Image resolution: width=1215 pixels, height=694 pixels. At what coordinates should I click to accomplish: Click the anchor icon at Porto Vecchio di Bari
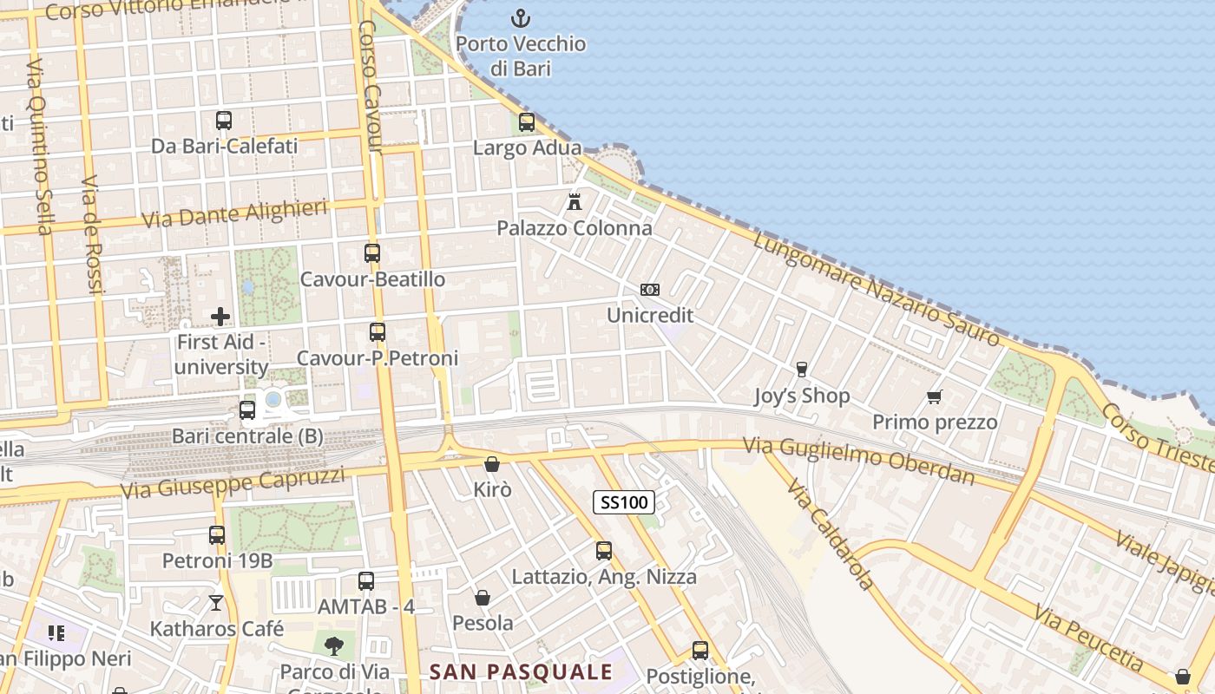pyautogui.click(x=520, y=17)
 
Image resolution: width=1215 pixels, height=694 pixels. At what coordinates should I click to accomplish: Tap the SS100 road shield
pyautogui.click(x=624, y=501)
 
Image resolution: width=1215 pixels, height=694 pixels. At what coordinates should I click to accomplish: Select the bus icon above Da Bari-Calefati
pyautogui.click(x=224, y=121)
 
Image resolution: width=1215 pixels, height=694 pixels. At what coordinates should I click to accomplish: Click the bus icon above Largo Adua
pyautogui.click(x=527, y=122)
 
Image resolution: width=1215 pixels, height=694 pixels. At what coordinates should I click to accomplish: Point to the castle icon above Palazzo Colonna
pyautogui.click(x=574, y=202)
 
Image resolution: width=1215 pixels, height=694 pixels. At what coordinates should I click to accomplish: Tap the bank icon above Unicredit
pyautogui.click(x=649, y=290)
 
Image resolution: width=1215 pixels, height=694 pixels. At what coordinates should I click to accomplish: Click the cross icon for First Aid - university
pyautogui.click(x=221, y=317)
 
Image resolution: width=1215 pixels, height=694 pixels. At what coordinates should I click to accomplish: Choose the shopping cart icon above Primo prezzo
pyautogui.click(x=934, y=397)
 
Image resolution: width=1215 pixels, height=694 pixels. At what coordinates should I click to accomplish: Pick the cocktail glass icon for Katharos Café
pyautogui.click(x=216, y=602)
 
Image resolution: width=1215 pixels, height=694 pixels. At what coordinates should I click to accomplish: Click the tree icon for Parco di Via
pyautogui.click(x=333, y=645)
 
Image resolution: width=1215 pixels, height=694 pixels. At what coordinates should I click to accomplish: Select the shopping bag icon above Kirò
pyautogui.click(x=492, y=464)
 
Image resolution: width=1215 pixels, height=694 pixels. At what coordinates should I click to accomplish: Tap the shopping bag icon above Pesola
pyautogui.click(x=483, y=598)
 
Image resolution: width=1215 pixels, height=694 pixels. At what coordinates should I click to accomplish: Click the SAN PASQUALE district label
pyautogui.click(x=521, y=671)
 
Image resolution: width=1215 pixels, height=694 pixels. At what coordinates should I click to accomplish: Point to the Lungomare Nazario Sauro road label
pyautogui.click(x=877, y=291)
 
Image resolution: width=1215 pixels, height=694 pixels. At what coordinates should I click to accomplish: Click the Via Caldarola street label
pyautogui.click(x=831, y=533)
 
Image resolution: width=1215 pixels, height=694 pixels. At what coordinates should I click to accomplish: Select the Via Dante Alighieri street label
pyautogui.click(x=234, y=213)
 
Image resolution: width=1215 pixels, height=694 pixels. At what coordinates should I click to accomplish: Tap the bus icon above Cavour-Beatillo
pyautogui.click(x=372, y=253)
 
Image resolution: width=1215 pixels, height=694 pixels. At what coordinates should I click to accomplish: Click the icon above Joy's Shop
pyautogui.click(x=801, y=370)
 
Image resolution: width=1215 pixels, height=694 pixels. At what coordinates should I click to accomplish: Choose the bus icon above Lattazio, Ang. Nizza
pyautogui.click(x=604, y=551)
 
